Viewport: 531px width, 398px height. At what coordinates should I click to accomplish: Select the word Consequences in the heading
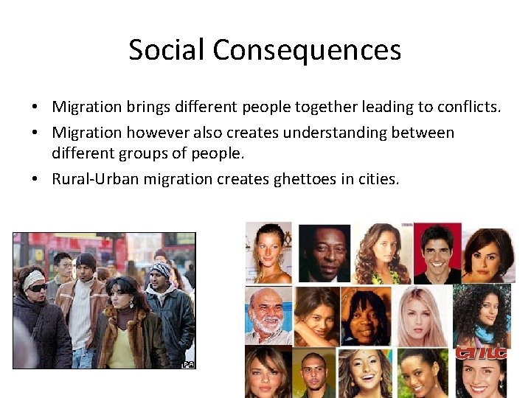(307, 50)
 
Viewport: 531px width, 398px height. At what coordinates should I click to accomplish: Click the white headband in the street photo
(34, 278)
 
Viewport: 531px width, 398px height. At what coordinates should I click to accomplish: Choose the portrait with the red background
(437, 253)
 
